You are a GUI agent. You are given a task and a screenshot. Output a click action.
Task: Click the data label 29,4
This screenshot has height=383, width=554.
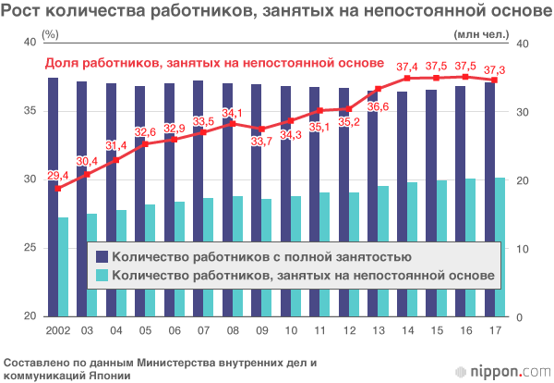point(57,175)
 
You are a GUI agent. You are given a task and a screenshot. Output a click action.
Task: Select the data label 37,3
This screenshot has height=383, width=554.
point(494,68)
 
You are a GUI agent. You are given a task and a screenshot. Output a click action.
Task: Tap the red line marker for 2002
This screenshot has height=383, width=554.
point(57,189)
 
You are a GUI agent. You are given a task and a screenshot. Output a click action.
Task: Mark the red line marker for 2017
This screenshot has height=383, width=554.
point(494,80)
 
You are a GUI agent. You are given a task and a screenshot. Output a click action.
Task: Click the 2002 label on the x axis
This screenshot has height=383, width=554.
point(57,329)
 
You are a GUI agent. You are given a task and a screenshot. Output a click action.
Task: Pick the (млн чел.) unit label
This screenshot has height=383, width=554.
point(481,35)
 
